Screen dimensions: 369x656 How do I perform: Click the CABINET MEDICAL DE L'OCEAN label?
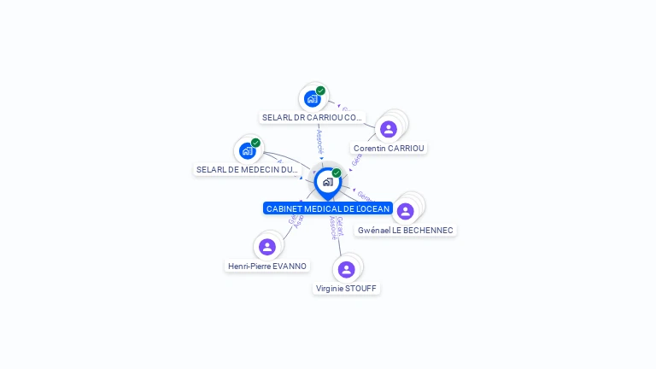pos(328,208)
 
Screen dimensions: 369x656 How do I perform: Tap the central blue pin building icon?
pos(327,182)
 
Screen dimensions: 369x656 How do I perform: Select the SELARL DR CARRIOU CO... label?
pos(312,117)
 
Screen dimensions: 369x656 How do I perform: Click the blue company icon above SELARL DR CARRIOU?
pos(312,99)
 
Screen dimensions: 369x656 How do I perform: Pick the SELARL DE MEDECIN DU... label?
pos(247,169)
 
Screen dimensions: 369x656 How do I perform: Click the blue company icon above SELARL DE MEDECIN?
pos(247,151)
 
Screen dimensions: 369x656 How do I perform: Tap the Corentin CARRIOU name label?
pos(389,148)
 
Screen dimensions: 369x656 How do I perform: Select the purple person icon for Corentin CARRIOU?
pos(389,129)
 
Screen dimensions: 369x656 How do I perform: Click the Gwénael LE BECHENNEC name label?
pos(406,230)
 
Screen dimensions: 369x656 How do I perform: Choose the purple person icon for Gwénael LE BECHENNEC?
pos(406,211)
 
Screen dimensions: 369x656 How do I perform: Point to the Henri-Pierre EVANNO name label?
pos(267,266)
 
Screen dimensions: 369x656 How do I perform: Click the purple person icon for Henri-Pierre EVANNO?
pos(267,247)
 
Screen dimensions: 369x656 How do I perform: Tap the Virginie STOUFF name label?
pos(346,288)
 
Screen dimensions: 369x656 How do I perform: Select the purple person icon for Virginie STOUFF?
pos(346,270)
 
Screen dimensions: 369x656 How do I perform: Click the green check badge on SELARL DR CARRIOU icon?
pos(320,91)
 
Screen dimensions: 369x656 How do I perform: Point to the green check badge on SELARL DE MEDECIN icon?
pos(255,143)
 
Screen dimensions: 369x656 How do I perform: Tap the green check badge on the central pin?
pos(337,173)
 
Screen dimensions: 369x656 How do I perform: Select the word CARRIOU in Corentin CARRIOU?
pos(406,148)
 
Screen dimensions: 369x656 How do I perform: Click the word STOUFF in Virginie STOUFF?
pos(360,288)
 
